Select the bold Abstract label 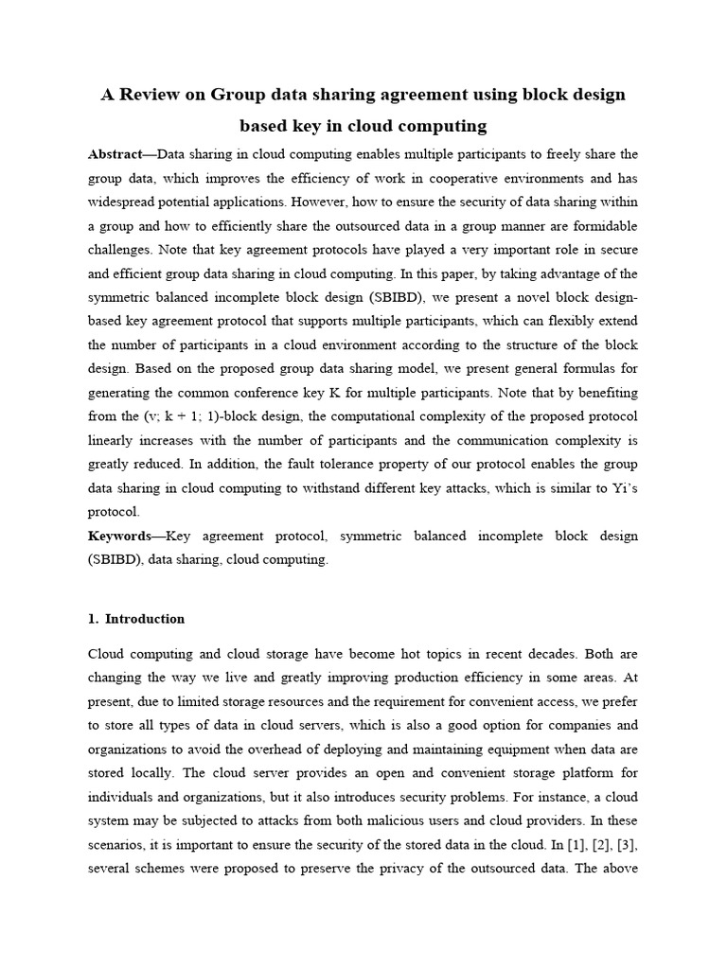[121, 153]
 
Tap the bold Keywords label [120, 536]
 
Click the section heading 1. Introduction [136, 619]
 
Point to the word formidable [603, 226]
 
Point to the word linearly [113, 440]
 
